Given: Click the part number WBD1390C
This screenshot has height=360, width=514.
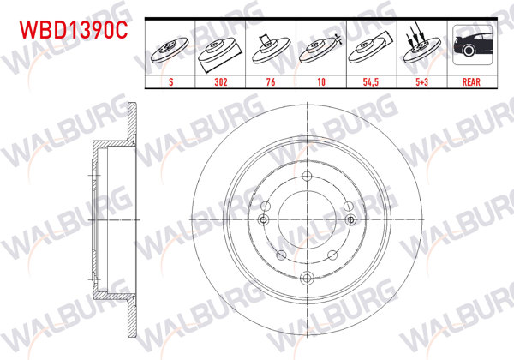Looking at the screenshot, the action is point(74,30).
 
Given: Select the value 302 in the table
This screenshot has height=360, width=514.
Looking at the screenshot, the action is point(221,82).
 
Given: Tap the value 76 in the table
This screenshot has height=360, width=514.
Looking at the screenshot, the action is point(271,82).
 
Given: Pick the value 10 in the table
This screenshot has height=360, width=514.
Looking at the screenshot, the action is point(321,82).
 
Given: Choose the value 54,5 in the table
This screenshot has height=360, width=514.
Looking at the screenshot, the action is point(371,82).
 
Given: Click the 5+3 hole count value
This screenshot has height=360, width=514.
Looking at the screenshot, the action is point(421,82).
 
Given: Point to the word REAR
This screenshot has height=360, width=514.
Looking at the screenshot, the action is point(471,82).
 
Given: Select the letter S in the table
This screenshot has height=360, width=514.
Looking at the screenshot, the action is point(170,82).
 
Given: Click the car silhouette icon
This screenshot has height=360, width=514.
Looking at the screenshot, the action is point(473,45).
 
